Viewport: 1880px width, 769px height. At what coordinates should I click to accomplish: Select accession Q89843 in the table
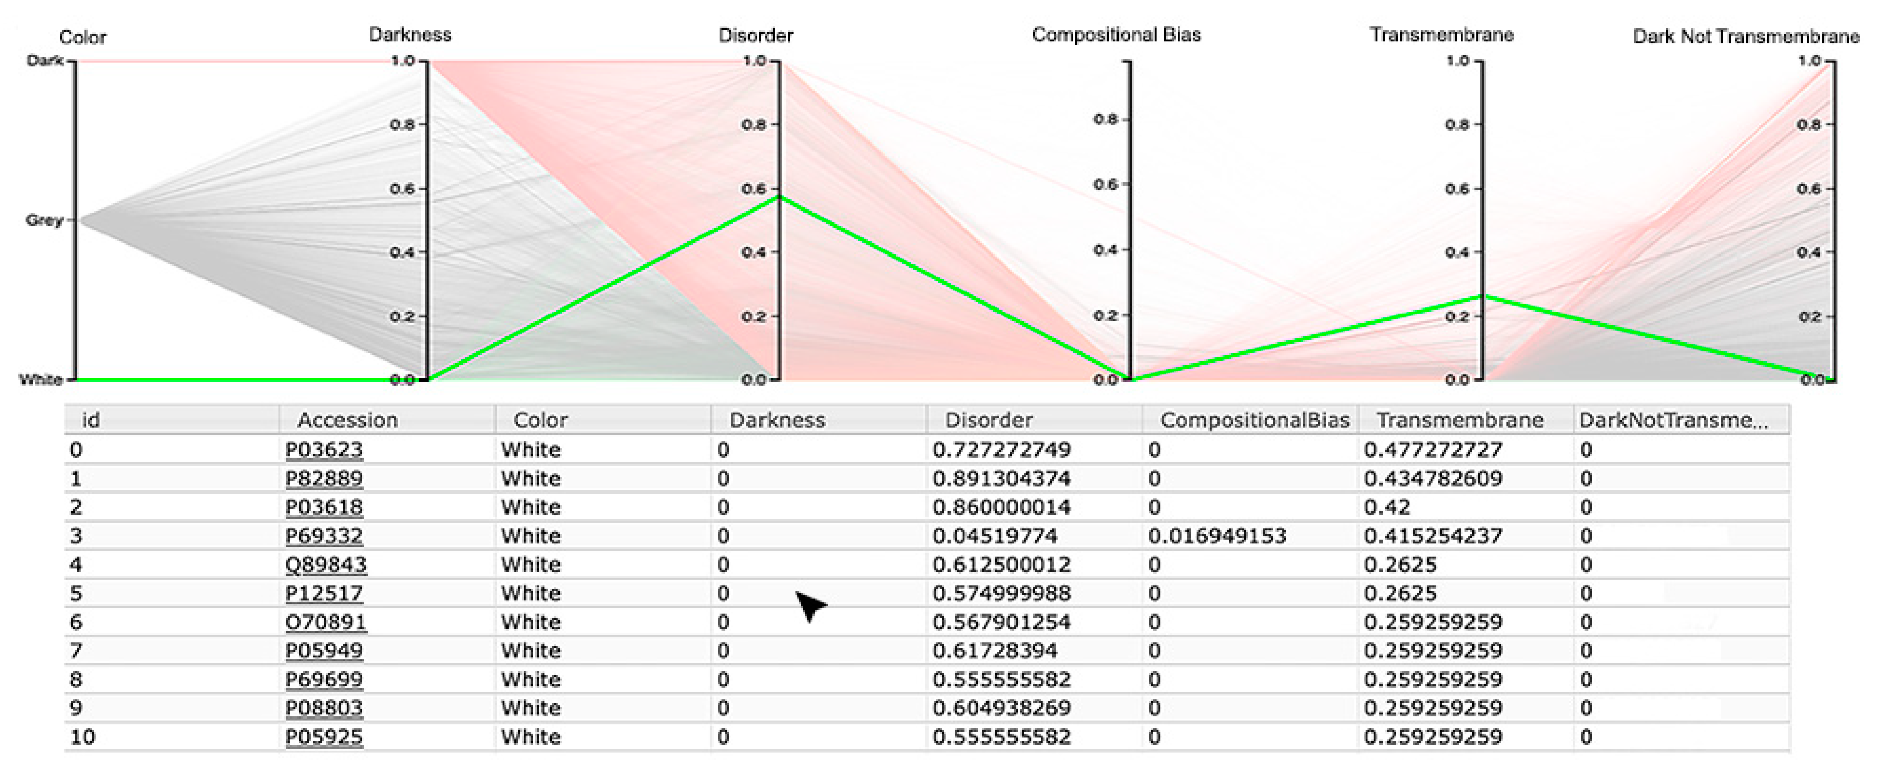click(326, 565)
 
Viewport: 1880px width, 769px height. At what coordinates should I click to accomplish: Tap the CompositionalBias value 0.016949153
click(1216, 536)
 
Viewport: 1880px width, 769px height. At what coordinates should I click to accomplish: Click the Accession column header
click(347, 420)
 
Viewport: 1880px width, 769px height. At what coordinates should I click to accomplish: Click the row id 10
click(82, 737)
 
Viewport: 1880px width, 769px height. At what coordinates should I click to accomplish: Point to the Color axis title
click(82, 37)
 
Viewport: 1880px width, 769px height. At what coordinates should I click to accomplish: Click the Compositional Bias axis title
click(1116, 35)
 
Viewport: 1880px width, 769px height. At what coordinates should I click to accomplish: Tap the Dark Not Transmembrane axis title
click(1745, 36)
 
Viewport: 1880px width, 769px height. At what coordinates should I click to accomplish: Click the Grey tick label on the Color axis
click(44, 220)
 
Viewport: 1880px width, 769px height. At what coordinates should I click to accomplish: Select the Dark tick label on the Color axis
click(45, 61)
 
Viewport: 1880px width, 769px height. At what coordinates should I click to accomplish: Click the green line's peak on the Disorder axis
click(780, 196)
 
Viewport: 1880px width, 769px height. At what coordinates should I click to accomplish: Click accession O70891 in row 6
click(326, 623)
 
